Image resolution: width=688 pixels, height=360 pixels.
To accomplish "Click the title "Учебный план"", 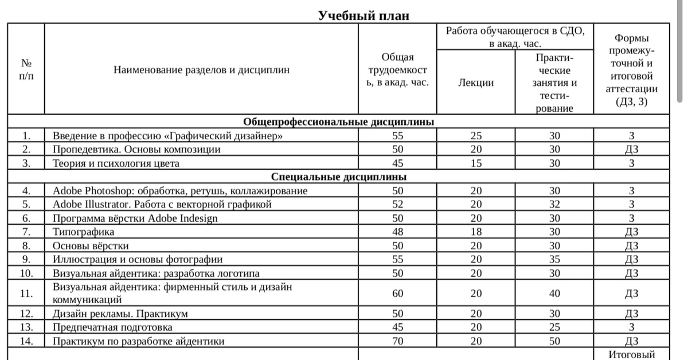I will tap(364, 15).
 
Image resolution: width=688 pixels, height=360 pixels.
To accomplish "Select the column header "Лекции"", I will tap(476, 83).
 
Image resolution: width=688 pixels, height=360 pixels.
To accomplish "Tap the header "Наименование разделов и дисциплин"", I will tap(201, 71).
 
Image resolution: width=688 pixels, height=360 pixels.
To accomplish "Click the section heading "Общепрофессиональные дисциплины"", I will tap(339, 122).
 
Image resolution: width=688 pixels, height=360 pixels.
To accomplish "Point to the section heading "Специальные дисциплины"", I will tap(339, 177).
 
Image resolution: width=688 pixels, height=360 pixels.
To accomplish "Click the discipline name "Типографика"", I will tap(84, 232).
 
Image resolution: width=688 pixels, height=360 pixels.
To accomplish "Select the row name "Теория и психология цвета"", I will tap(116, 163).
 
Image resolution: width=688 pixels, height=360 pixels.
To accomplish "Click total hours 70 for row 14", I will tap(398, 341).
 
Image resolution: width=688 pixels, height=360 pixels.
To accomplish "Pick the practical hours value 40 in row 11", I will tap(554, 294).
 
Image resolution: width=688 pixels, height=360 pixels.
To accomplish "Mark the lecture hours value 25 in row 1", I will tap(476, 136).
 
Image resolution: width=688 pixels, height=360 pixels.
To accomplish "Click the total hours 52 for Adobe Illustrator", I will tap(398, 204).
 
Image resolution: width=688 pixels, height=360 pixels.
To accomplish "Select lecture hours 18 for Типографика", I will tap(476, 232).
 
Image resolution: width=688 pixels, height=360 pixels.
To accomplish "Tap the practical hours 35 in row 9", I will tap(554, 259).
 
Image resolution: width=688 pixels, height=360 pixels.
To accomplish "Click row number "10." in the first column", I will tap(26, 273).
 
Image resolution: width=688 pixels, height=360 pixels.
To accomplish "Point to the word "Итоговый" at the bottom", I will tap(632, 354).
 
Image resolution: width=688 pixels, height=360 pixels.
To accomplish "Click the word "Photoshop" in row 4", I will tap(105, 191).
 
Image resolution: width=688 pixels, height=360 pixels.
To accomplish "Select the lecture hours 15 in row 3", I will tap(476, 163).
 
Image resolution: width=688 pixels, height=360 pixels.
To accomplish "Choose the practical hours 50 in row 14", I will tap(554, 341).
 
